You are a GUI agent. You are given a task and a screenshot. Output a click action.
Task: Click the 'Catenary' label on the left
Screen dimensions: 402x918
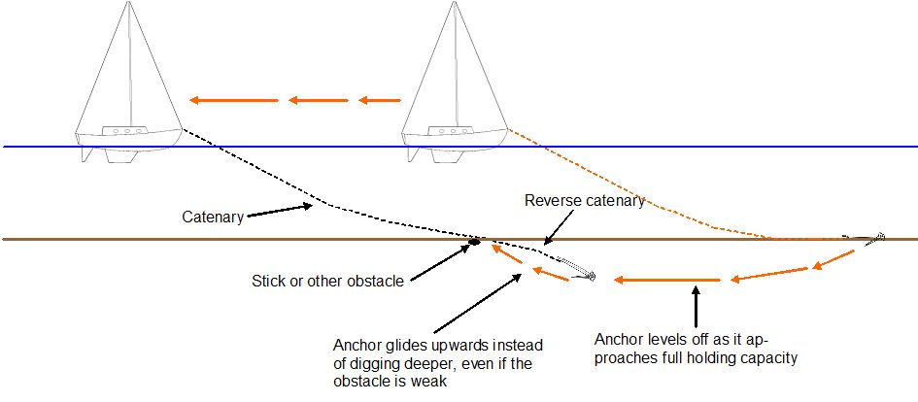213,217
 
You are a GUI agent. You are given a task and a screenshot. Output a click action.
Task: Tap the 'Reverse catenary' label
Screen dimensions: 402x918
584,201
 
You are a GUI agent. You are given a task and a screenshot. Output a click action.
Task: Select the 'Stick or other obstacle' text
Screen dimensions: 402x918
326,282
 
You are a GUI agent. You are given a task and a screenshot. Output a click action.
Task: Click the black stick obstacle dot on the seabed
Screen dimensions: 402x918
476,240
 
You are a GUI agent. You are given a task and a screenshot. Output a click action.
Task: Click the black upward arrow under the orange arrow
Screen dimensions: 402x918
696,306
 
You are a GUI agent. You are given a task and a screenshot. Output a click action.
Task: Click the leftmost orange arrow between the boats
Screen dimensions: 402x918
233,99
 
